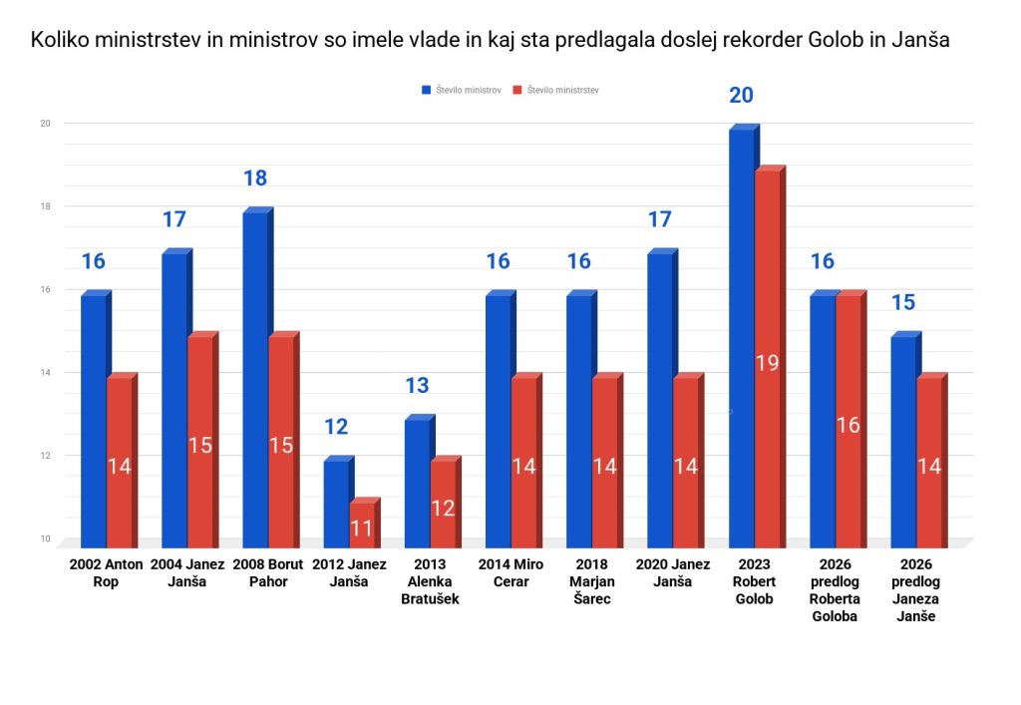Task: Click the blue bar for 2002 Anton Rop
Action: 93,419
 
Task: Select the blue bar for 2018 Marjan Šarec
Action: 578,419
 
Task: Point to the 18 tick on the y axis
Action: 45,206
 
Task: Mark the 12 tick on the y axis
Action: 45,456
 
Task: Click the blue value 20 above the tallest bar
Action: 741,96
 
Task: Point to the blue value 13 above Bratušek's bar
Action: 417,386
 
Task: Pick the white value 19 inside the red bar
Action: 767,363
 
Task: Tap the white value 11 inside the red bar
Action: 361,529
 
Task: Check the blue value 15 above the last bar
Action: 902,302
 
